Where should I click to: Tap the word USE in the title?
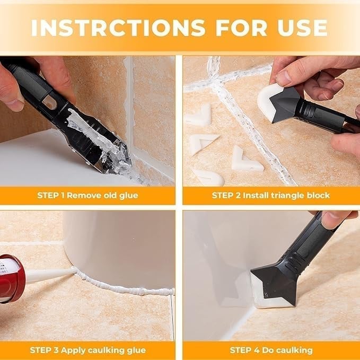(x=300, y=27)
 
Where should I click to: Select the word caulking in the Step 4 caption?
(x=295, y=350)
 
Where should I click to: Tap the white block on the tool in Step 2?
(x=268, y=98)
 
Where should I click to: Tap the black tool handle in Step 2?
(x=323, y=114)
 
